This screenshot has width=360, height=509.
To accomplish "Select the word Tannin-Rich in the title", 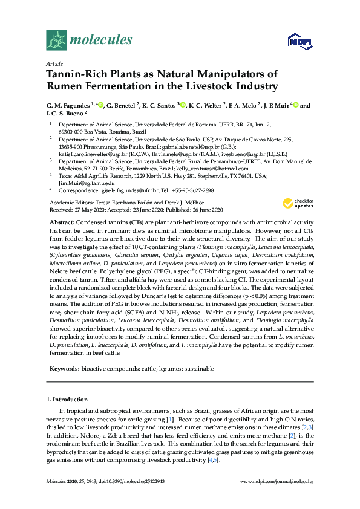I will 75,74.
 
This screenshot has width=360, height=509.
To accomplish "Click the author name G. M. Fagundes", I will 68,106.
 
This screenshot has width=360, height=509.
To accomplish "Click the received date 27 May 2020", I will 91,209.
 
